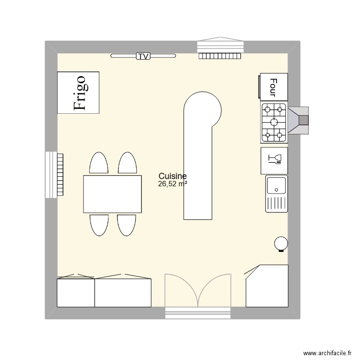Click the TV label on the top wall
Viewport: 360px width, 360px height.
coord(143,56)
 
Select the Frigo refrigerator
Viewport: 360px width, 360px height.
coord(78,93)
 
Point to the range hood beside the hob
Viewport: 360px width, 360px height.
coord(299,120)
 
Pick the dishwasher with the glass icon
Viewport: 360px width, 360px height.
coord(274,161)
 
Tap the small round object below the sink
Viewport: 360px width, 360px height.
coord(281,244)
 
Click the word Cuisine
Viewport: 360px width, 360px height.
coord(172,177)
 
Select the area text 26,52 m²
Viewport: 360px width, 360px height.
coord(172,183)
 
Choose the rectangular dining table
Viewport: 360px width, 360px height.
coord(112,194)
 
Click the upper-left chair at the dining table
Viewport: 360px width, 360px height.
coord(98,163)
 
